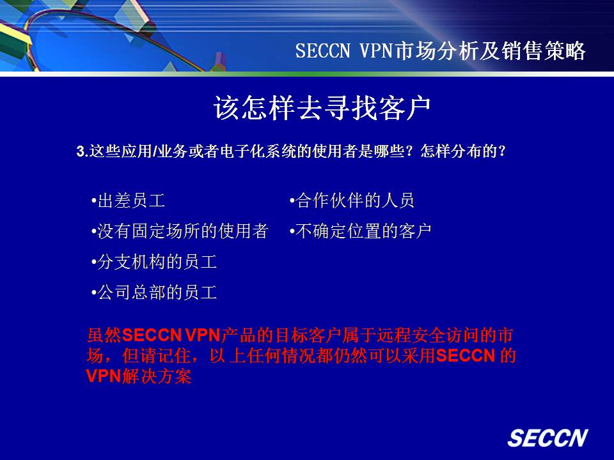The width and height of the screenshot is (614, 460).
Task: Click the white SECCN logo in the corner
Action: (x=548, y=438)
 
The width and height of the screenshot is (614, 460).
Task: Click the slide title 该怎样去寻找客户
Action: (x=322, y=107)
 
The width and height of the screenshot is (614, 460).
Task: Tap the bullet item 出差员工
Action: (x=129, y=201)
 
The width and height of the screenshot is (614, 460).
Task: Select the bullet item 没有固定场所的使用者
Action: (x=180, y=231)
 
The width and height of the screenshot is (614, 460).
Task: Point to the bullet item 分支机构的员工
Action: (x=154, y=262)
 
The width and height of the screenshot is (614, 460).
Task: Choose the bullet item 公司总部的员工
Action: (x=154, y=292)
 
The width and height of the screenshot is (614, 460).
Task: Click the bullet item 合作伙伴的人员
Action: (x=352, y=201)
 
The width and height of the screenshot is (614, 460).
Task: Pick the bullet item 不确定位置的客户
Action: (x=361, y=231)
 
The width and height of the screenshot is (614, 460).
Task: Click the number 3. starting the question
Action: (x=83, y=151)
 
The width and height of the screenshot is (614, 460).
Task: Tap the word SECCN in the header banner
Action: (x=322, y=51)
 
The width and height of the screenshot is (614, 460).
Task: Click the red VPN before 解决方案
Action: (x=104, y=376)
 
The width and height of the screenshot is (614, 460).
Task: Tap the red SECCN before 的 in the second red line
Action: (x=466, y=356)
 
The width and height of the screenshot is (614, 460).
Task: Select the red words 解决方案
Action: (x=156, y=376)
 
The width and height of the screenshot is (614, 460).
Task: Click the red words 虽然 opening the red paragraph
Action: (x=104, y=335)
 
